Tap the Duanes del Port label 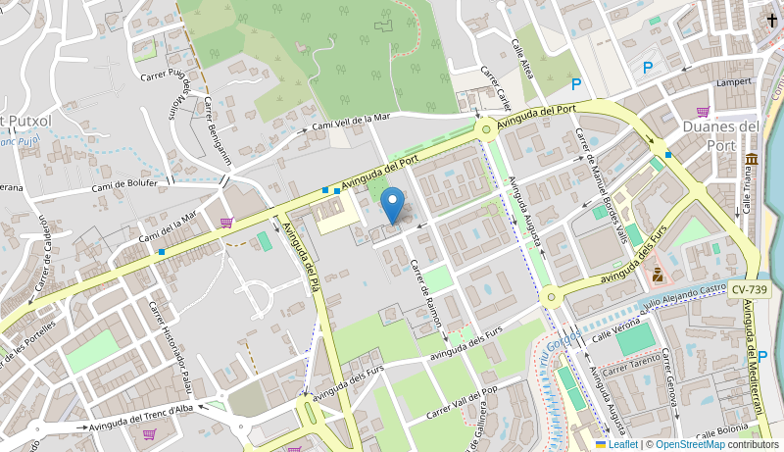[720, 135]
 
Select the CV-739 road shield [750, 289]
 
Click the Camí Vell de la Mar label [351, 122]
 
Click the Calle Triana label [747, 190]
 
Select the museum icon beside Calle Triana [751, 160]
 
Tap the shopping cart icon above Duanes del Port [703, 111]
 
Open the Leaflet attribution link [615, 444]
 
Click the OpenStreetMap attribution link [690, 444]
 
